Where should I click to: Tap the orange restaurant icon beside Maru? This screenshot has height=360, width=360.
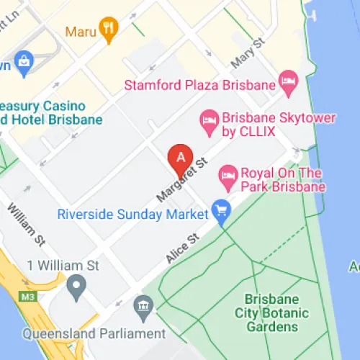click(x=109, y=28)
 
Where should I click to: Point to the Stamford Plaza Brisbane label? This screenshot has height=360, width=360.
click(x=200, y=85)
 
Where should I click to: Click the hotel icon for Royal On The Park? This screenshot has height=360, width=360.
click(x=228, y=174)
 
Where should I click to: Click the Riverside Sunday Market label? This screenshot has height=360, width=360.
click(x=133, y=215)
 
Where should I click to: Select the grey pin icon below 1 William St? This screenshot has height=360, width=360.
click(x=76, y=288)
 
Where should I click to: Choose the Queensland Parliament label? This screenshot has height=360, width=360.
click(x=94, y=334)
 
